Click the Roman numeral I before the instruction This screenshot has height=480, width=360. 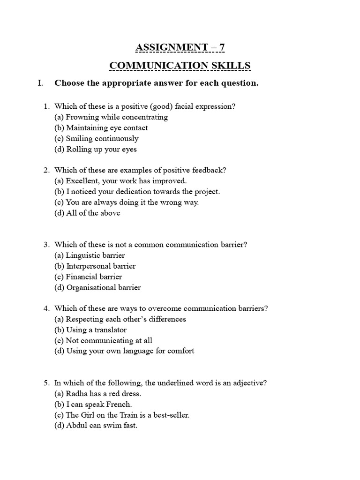(40, 83)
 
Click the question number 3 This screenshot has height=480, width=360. (46, 245)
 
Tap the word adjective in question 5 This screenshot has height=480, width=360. (251, 383)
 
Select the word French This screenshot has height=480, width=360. (119, 405)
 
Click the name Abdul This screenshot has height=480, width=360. (76, 426)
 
